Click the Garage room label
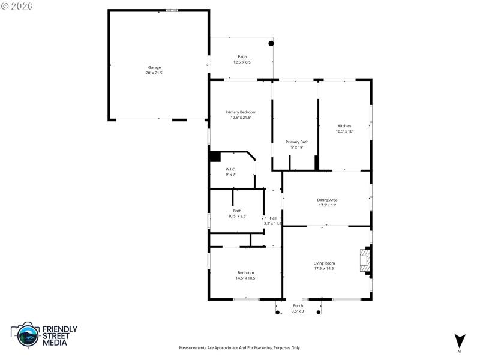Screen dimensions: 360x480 (154, 67)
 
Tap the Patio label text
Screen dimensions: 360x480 (242, 56)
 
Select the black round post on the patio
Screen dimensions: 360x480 (271, 43)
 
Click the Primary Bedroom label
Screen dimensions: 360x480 (241, 112)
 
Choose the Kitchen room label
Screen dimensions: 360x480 (344, 125)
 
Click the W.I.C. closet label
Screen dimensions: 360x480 (231, 169)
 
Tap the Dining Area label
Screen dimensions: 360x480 (327, 199)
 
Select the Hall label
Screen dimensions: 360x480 (273, 218)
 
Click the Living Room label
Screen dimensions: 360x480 (324, 263)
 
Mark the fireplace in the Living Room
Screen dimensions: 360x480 (364, 261)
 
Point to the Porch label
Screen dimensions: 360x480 (298, 306)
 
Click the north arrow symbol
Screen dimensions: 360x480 (460, 340)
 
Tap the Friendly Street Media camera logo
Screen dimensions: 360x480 (25, 335)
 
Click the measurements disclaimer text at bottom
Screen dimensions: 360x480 (240, 347)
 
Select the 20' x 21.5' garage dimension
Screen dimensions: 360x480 (154, 73)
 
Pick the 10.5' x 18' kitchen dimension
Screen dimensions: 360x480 (344, 131)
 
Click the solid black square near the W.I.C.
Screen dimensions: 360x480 (215, 156)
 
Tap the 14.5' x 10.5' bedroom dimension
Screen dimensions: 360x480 (245, 278)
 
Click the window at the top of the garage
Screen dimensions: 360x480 (172, 10)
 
